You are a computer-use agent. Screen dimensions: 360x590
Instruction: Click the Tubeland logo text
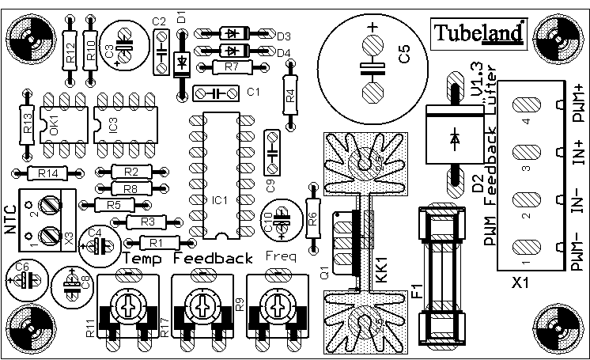[x=478, y=32]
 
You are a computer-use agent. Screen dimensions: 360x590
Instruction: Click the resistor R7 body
[x=231, y=67]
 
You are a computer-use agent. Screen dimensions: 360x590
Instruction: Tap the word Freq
[x=282, y=256]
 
